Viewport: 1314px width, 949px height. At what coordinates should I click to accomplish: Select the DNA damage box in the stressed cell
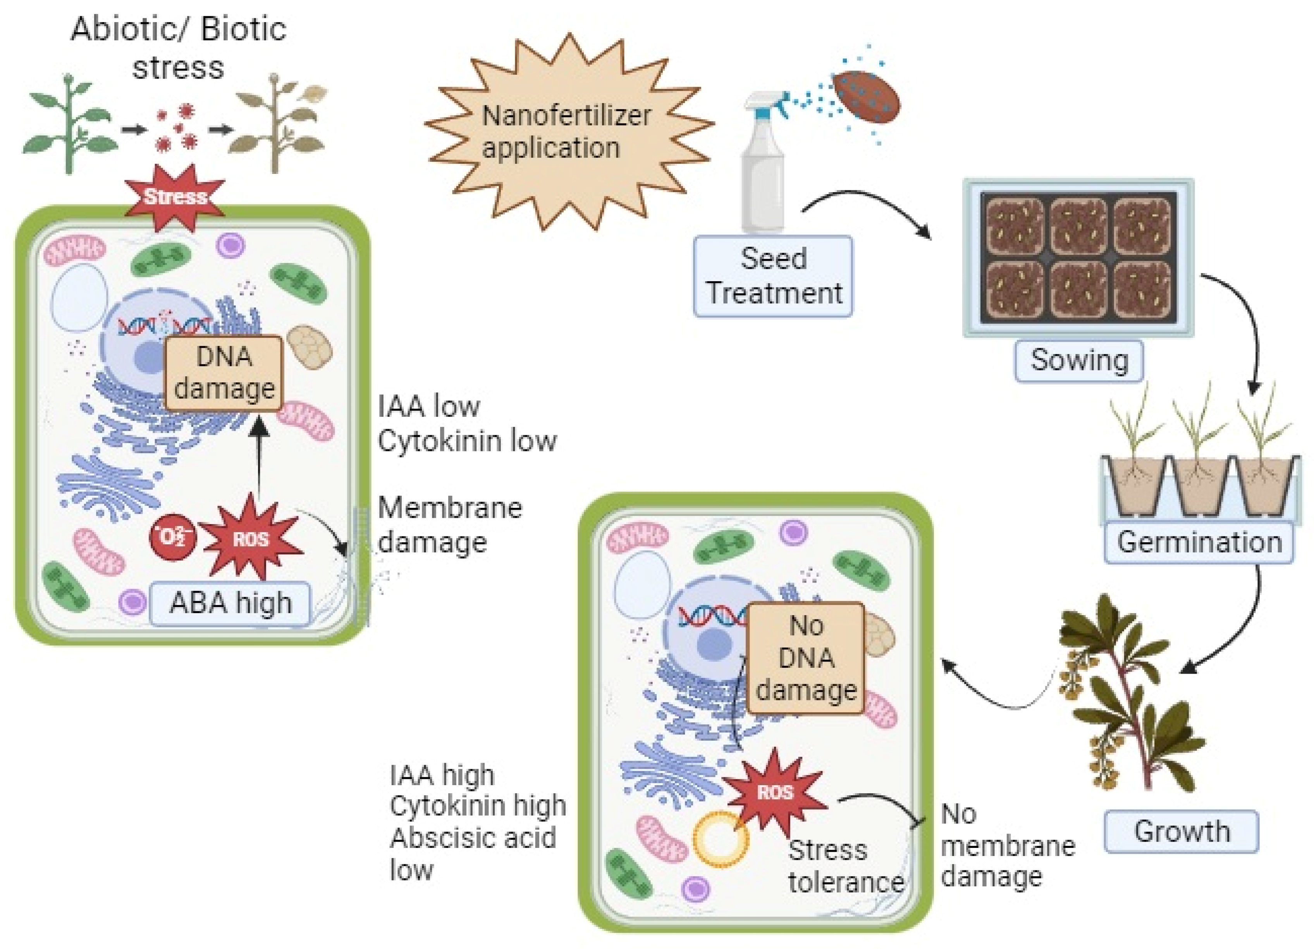pos(224,373)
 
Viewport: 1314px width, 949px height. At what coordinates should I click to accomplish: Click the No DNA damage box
pos(805,658)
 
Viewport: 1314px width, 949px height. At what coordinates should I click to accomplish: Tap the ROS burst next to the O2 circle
pos(250,539)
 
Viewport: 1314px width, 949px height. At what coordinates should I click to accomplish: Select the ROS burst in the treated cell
pos(775,792)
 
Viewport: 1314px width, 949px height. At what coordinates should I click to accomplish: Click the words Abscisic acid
pos(472,838)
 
